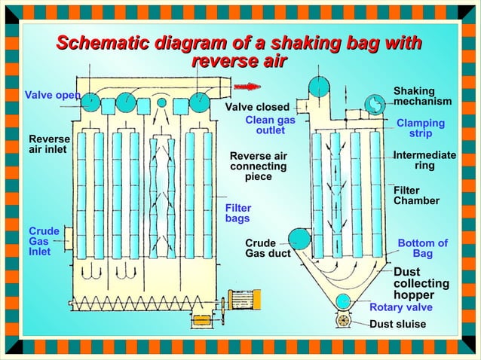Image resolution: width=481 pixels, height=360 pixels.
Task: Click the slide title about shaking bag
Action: (240, 52)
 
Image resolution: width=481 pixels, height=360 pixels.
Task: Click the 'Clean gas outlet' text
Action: (270, 125)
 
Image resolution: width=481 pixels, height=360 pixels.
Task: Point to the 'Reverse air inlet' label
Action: (49, 144)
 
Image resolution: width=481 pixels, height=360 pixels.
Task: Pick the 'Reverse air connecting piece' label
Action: (258, 166)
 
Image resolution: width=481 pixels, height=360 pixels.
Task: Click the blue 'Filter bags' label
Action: (238, 213)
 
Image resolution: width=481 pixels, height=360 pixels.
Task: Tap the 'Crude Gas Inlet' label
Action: (39, 241)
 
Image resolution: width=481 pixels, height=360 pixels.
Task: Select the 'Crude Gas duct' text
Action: (267, 249)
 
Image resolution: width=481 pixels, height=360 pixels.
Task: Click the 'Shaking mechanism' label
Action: (422, 96)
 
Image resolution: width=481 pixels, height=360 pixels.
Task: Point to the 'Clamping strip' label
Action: (421, 128)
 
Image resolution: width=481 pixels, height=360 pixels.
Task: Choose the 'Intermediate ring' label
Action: (424, 160)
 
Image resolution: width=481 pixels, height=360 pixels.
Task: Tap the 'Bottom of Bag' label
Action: (422, 249)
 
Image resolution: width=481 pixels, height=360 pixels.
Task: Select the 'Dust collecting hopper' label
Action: (421, 283)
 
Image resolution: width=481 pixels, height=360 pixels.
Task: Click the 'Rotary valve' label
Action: (400, 307)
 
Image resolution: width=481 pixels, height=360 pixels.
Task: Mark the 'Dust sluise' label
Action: (397, 325)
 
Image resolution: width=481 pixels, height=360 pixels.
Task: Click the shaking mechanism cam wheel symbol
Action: (373, 104)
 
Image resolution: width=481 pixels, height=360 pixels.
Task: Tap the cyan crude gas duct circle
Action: (299, 239)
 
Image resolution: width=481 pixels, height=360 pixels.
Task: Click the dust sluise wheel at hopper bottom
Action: (343, 321)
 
